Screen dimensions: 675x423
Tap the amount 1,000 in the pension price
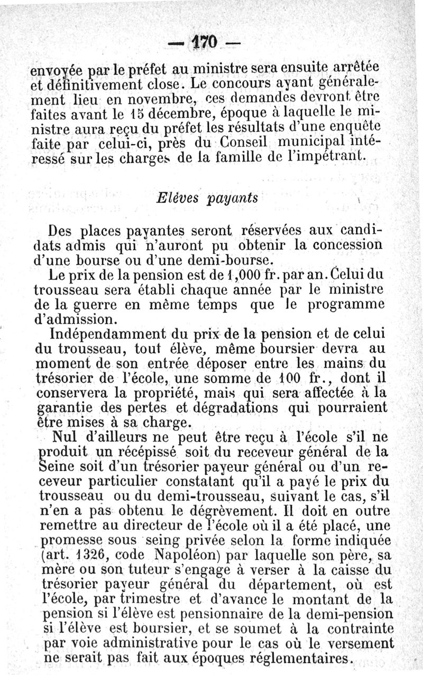pos(238,275)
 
